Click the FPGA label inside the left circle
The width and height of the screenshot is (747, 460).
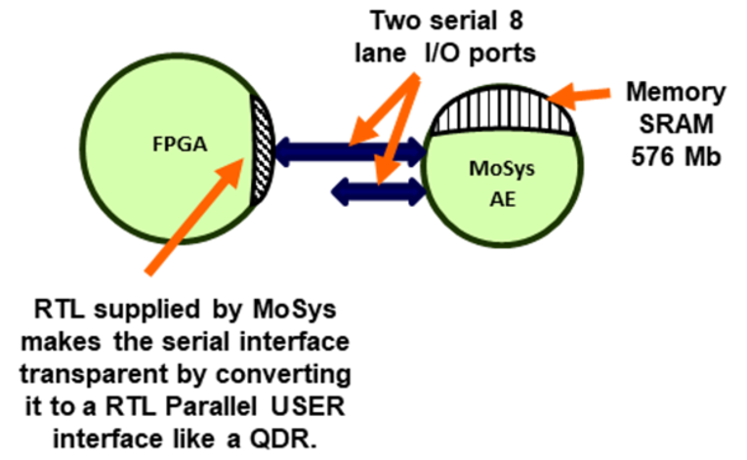click(180, 144)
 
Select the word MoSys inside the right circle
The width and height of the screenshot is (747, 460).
click(502, 169)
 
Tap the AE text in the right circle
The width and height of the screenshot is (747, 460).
click(503, 199)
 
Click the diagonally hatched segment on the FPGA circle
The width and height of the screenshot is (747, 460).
click(262, 149)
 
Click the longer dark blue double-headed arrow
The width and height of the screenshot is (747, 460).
click(351, 152)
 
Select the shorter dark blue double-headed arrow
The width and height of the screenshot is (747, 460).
click(378, 192)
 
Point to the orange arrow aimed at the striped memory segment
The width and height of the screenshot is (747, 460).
click(579, 95)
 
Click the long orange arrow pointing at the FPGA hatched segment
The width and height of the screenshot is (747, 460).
click(195, 216)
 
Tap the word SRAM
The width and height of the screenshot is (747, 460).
click(676, 124)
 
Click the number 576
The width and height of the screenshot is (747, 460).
click(650, 156)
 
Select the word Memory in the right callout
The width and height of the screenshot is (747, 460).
click(676, 93)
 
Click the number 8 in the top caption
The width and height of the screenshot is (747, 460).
click(516, 21)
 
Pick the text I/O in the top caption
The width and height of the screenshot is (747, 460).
click(441, 53)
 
